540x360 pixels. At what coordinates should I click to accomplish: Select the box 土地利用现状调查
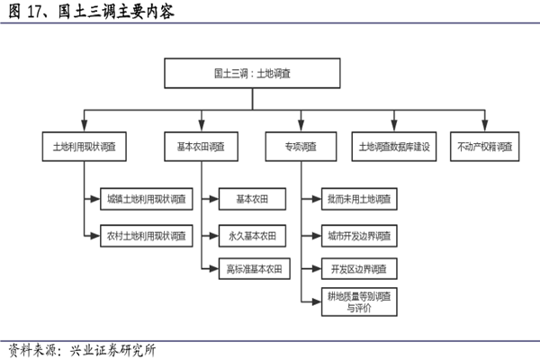[85, 146]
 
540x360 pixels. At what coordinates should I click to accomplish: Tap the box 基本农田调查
[202, 146]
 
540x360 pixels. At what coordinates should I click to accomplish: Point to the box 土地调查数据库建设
[393, 146]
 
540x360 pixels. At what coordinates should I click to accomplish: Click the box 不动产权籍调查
[485, 146]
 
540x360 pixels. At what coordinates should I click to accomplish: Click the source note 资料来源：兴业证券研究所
[81, 350]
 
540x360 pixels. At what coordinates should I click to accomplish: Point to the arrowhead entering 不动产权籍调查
[485, 128]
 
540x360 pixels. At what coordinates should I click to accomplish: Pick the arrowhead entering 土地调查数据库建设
[393, 128]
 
